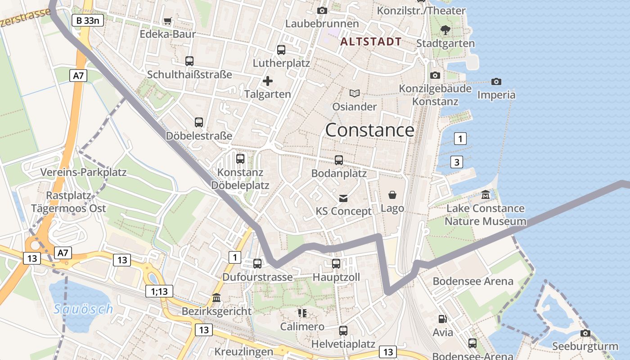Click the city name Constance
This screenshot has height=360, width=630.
point(369,130)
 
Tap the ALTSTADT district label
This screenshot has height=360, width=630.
point(371,42)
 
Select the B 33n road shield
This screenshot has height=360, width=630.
point(88,20)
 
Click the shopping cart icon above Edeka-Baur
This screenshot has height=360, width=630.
point(168,21)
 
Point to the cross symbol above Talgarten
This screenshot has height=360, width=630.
point(268,81)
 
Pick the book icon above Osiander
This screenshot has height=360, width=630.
point(355,93)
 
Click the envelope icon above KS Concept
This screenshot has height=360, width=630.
point(343,198)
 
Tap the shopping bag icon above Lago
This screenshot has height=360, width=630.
point(392,195)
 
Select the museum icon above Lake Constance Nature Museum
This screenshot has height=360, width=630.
point(485,195)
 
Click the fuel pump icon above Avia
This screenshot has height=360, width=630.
point(443,319)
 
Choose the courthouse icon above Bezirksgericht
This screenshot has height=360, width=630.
point(216,298)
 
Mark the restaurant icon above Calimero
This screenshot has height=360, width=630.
point(302,313)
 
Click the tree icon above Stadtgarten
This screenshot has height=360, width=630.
point(445,30)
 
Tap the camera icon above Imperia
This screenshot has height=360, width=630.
point(496,81)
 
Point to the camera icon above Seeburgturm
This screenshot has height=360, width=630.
point(585,333)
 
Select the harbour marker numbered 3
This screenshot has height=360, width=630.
point(456,162)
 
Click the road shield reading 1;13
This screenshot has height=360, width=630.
point(159,292)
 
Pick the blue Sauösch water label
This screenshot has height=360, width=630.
point(83,309)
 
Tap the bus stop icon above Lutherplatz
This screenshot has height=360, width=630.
point(281,50)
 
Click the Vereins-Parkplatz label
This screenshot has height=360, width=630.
point(84,172)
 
